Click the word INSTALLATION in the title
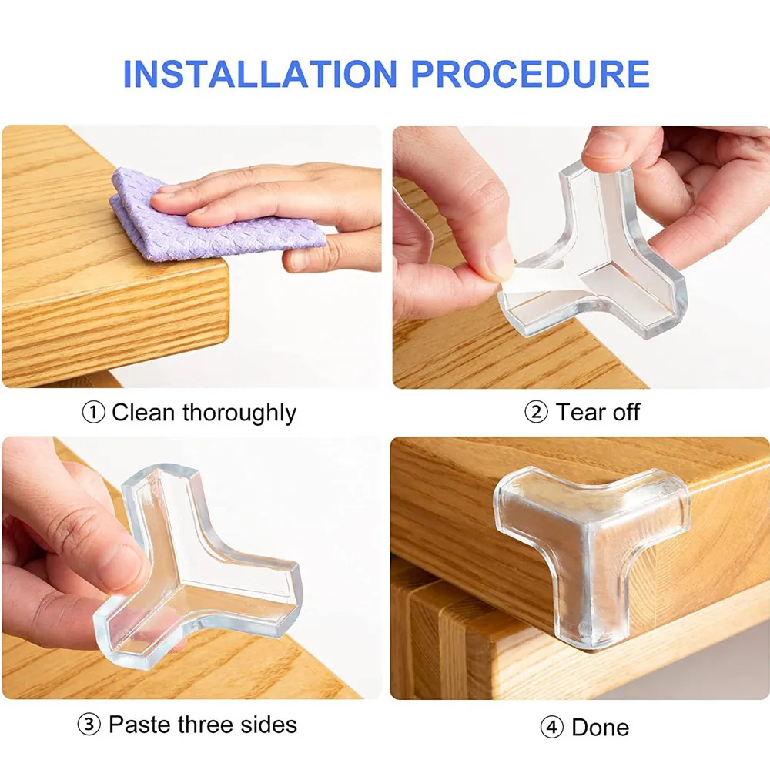(x=259, y=74)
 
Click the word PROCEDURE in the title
(x=530, y=74)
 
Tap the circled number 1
(x=93, y=413)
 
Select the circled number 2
(x=536, y=412)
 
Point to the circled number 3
(x=89, y=725)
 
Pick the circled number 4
(x=552, y=728)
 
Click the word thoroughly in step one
(x=239, y=413)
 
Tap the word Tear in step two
(x=581, y=412)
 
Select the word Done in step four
(x=600, y=728)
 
